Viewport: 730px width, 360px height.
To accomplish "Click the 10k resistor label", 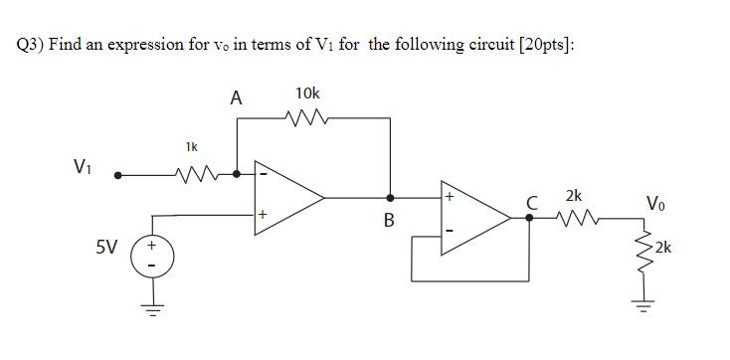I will [308, 93].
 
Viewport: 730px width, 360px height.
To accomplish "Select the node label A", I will [235, 97].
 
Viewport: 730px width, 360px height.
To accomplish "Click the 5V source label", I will [108, 247].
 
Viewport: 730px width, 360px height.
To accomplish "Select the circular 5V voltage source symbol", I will [152, 257].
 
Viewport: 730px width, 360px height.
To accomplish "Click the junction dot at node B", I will [389, 197].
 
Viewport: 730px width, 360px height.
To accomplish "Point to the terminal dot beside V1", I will [117, 175].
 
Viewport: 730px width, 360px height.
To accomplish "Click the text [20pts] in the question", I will [545, 47].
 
